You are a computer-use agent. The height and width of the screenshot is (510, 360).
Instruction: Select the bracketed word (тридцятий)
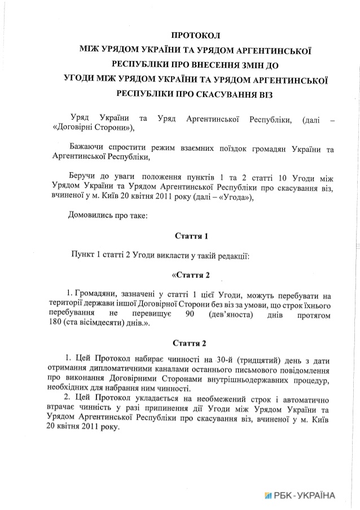point(259,359)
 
